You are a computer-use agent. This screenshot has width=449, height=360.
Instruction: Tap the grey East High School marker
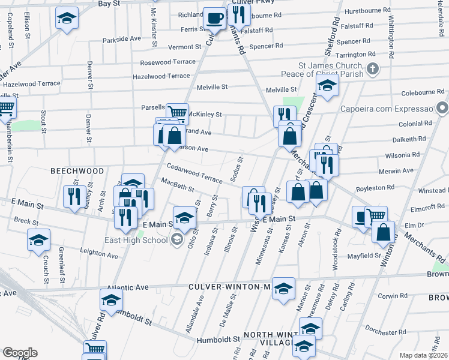click(177, 241)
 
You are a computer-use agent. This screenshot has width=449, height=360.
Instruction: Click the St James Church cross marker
click(373, 68)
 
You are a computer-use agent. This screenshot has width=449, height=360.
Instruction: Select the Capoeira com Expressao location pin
click(443, 109)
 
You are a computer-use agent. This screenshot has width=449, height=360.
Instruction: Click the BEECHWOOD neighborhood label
click(77, 171)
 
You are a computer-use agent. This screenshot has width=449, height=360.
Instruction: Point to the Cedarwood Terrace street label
click(194, 173)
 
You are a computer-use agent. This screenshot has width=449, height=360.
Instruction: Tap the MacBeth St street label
click(177, 185)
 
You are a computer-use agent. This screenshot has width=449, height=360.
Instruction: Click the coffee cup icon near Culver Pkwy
click(214, 19)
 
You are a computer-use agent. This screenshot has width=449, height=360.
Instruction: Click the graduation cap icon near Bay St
click(67, 18)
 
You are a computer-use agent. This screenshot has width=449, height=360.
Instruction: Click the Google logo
click(20, 353)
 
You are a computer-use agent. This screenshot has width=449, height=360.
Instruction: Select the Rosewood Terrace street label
click(167, 62)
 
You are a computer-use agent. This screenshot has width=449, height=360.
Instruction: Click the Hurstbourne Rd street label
click(368, 11)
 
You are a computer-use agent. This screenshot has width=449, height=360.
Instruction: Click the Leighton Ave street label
click(99, 254)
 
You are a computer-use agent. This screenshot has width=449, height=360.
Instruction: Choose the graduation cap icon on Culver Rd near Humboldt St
click(111, 302)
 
